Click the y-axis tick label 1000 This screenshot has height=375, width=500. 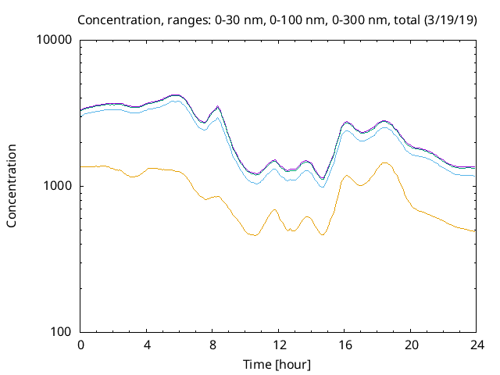(59, 186)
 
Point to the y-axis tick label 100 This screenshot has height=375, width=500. (62, 332)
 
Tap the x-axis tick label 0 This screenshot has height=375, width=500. (80, 345)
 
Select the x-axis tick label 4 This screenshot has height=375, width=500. (147, 345)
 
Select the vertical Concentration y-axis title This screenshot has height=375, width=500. (12, 186)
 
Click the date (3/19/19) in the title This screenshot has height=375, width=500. (448, 19)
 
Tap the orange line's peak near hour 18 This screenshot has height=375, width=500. (384, 162)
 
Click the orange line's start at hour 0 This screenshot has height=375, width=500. (81, 166)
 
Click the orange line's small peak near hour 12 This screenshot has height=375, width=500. (275, 209)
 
